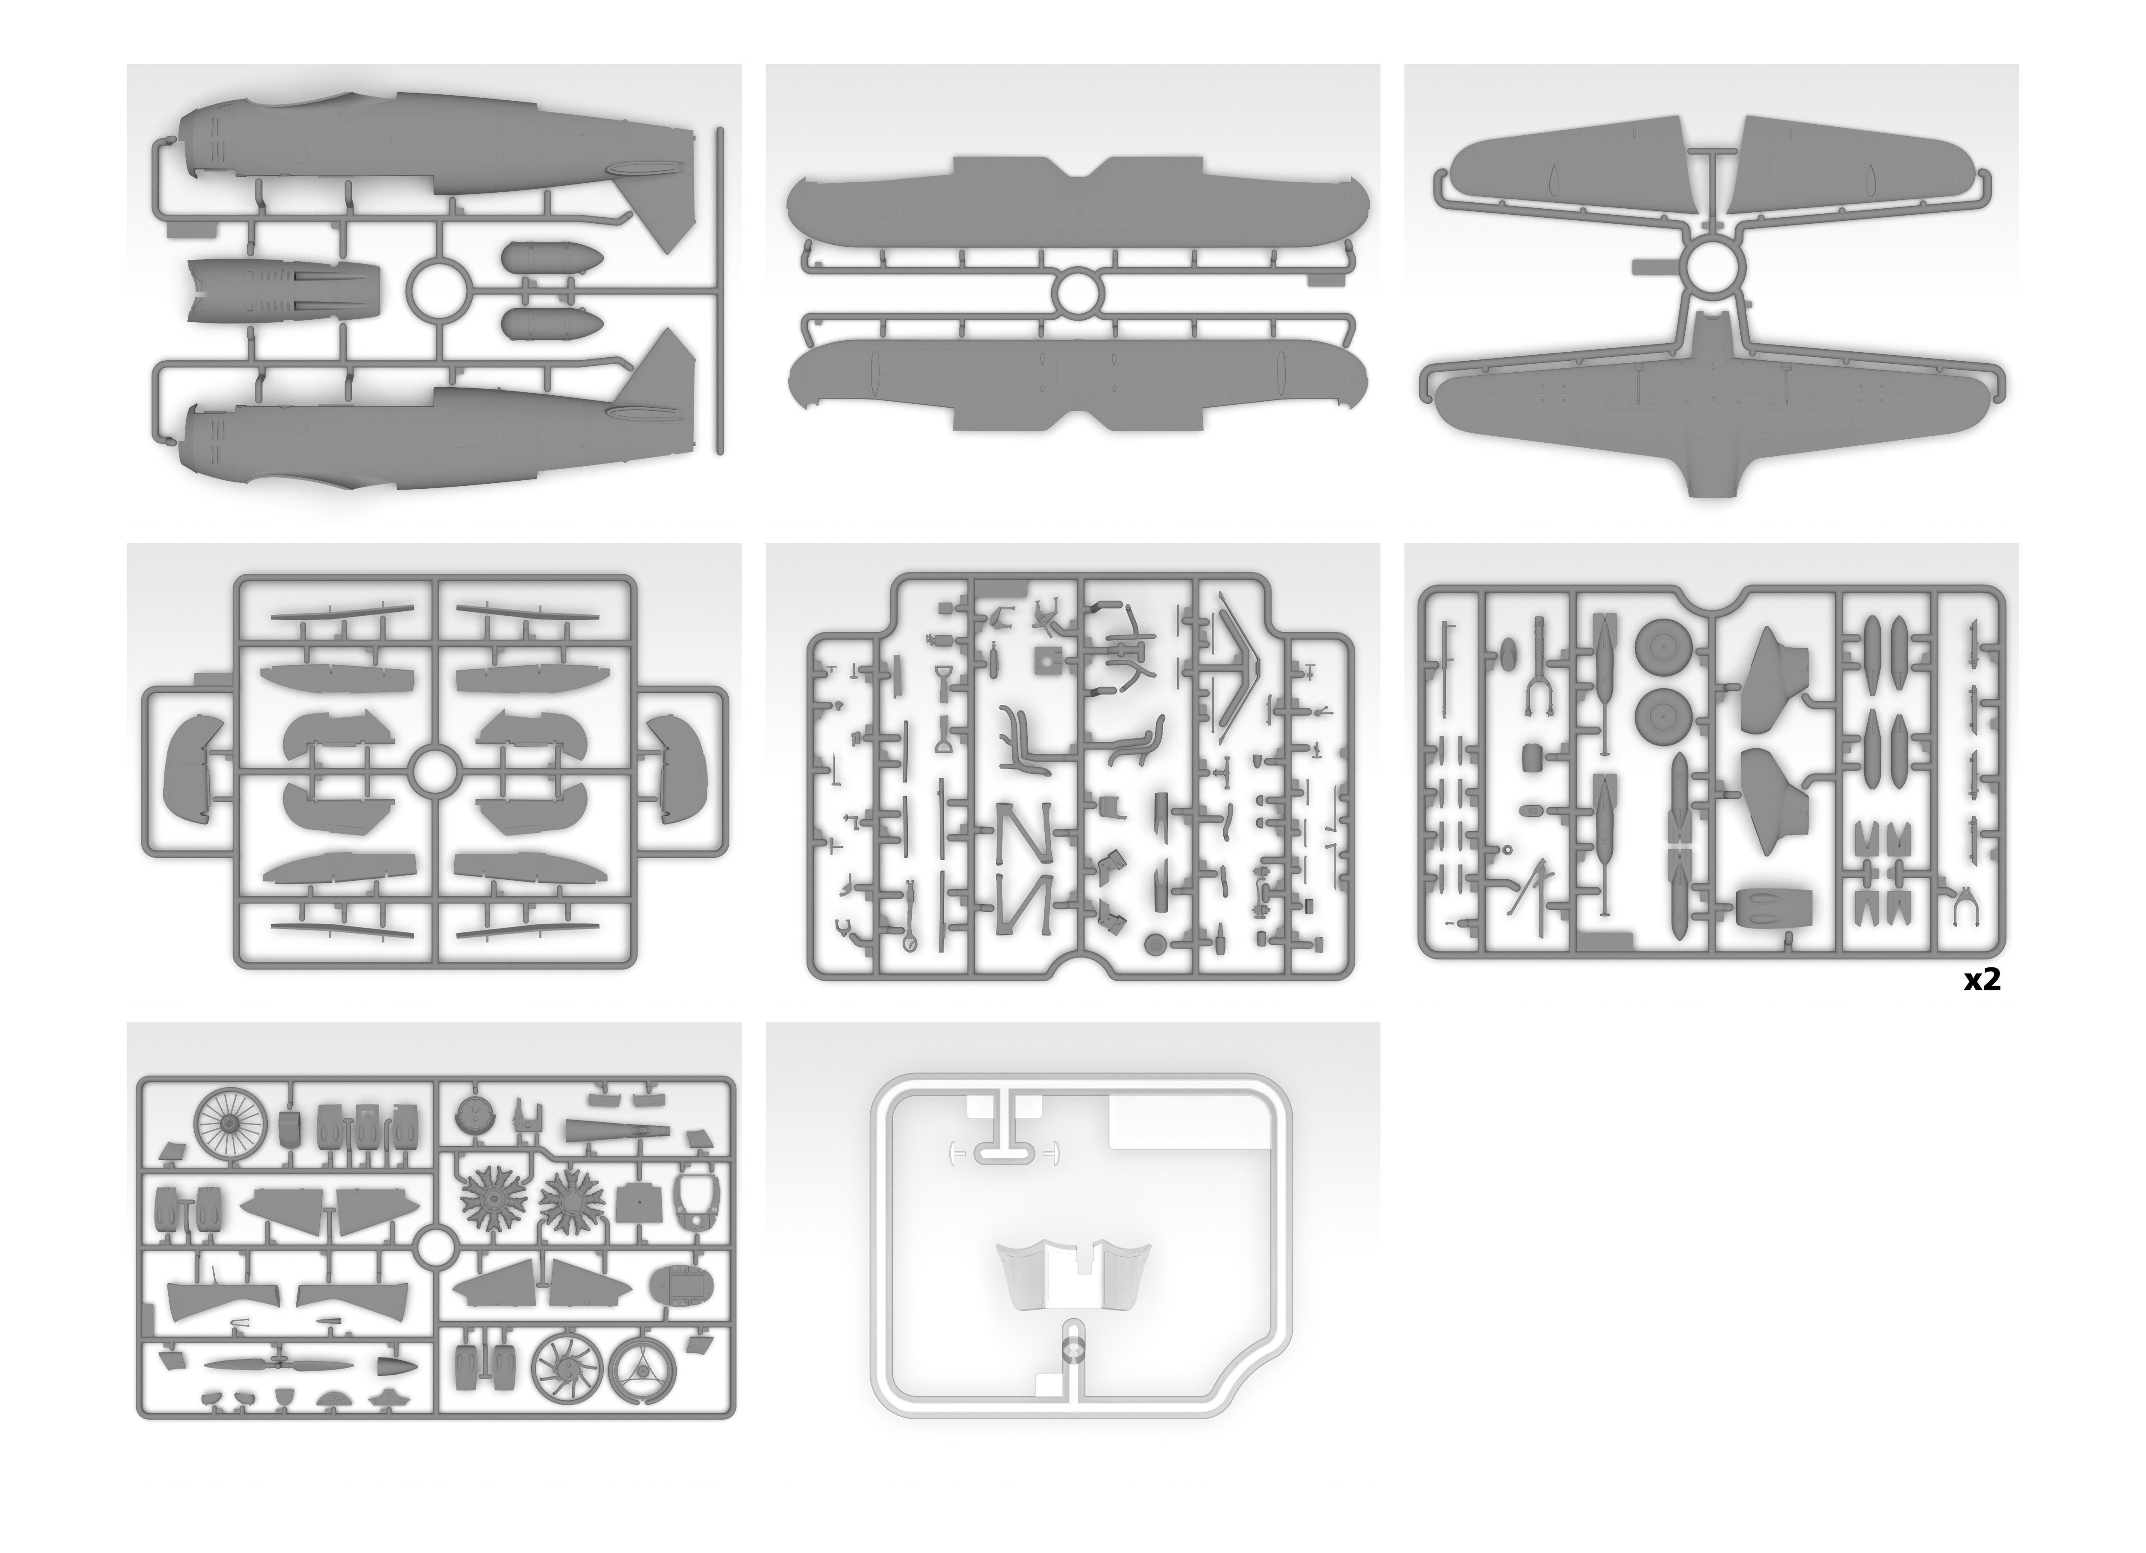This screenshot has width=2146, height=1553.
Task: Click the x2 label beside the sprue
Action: point(1982,981)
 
